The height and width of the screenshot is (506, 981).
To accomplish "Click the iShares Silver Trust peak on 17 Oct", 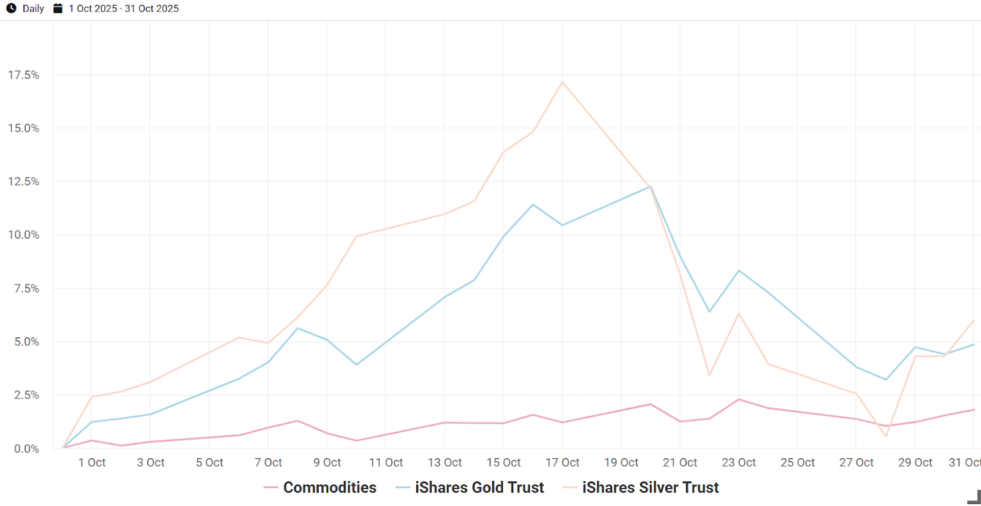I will tap(562, 82).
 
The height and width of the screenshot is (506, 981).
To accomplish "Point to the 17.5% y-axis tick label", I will tap(23, 75).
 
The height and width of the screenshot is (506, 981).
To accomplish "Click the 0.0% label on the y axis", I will tap(26, 449).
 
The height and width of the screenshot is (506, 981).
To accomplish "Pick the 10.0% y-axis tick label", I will tap(23, 235).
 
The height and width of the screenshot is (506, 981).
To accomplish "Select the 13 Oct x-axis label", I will tap(445, 462).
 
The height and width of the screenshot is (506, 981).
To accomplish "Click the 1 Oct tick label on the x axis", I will tap(92, 462).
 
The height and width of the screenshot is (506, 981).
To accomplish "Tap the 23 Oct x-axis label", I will tap(739, 462).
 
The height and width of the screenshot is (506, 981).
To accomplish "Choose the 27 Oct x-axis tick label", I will tap(857, 462).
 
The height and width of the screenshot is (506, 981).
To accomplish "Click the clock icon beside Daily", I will tap(11, 9).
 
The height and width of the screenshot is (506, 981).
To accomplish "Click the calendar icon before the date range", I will tap(58, 9).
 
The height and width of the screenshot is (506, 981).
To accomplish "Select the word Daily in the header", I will tap(33, 9).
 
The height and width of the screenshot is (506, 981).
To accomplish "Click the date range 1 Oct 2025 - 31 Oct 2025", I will tap(124, 9).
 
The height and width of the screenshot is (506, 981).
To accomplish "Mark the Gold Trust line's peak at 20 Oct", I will tap(651, 186).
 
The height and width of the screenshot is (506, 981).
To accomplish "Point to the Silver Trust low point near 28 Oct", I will tap(886, 437).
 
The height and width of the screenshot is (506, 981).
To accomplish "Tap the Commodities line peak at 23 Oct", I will tap(739, 400).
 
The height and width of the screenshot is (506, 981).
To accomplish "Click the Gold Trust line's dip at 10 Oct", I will tap(356, 365).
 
